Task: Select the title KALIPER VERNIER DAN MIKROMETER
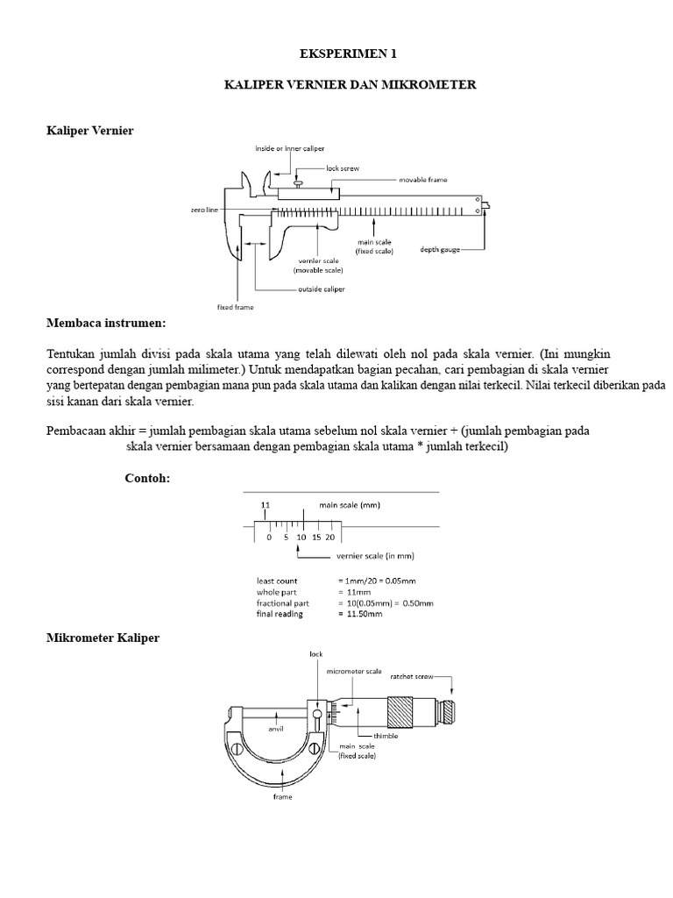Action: pos(351,85)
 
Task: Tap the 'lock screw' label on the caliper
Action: pos(343,167)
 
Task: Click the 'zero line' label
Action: pos(204,210)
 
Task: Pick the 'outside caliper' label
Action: pos(320,289)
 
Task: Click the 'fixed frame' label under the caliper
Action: pos(235,307)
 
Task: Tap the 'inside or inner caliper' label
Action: pos(284,147)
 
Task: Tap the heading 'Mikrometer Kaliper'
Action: pos(103,638)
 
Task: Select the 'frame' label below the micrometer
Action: pos(282,796)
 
